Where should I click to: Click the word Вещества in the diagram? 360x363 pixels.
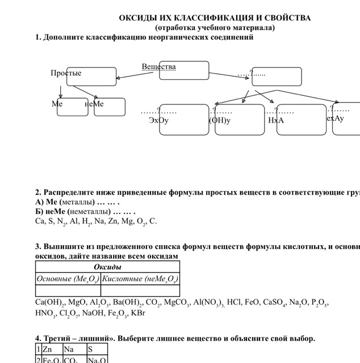point(158,66)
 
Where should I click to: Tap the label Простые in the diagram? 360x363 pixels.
point(66,73)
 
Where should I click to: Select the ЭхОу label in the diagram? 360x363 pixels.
point(159,120)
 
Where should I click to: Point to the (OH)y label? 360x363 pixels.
point(220,120)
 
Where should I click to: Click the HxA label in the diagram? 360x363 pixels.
point(276,120)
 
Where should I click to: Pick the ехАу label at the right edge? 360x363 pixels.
point(336,119)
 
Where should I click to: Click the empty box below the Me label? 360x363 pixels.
point(72,108)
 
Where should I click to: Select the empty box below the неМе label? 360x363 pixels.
point(110,108)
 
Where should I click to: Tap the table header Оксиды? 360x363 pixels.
point(108,267)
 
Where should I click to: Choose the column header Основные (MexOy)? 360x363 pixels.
point(68,278)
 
